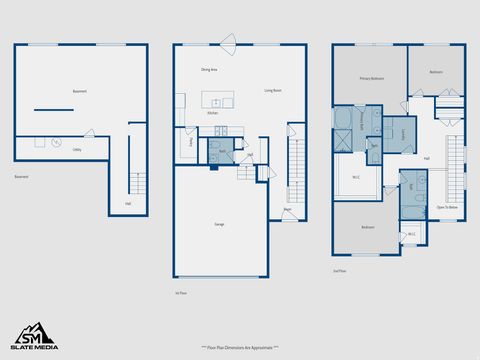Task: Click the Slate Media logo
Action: pos(34,337)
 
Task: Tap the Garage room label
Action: pos(219,224)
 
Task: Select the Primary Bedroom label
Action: pos(373,78)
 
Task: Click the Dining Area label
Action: pos(209,70)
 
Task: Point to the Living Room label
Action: pos(272,91)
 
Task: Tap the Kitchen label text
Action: pos(212,114)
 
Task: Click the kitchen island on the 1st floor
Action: pos(218,100)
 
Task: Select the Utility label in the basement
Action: pos(77,149)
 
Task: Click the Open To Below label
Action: pos(447,207)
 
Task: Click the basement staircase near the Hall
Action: pos(137,184)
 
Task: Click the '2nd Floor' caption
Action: pos(339,271)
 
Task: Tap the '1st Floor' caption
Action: pos(181,293)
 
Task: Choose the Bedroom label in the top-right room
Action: pos(436,72)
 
